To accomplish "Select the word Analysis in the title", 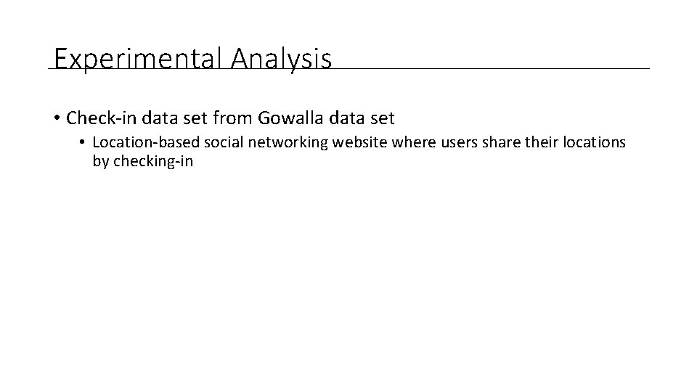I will (x=282, y=59).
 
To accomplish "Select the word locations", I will (x=590, y=142).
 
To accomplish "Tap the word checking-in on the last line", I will (x=153, y=161).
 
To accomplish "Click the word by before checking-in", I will (x=100, y=161).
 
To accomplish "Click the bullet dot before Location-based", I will (x=83, y=143).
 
